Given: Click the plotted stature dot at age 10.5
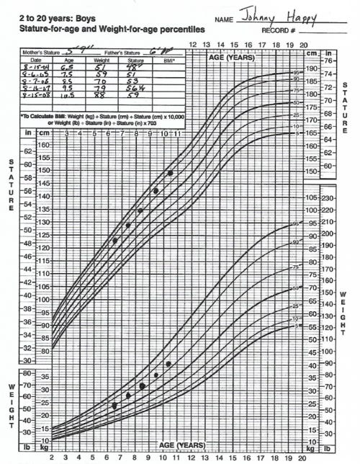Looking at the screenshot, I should click(x=170, y=173).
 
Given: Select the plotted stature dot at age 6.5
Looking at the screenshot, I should click(x=115, y=241).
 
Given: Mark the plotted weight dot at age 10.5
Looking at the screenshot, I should click(x=168, y=364).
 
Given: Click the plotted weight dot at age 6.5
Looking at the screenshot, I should click(x=114, y=406).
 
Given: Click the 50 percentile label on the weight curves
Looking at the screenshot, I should click(x=295, y=288).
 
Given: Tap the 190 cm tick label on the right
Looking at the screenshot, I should click(x=311, y=69).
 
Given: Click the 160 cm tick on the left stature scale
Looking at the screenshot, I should click(x=42, y=145).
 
